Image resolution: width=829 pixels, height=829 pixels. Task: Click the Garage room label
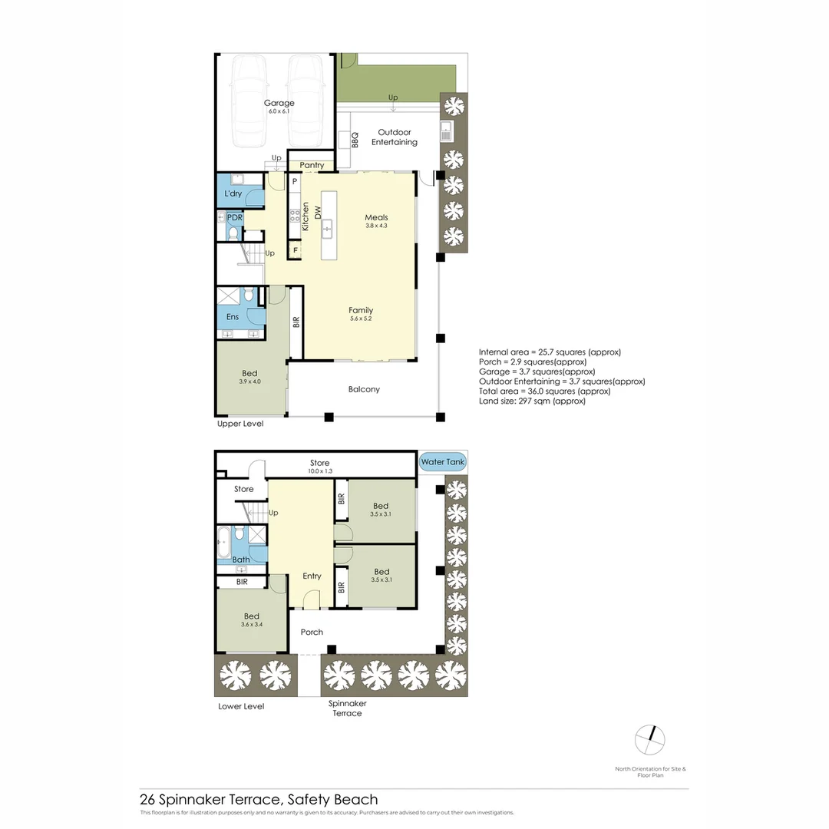pos(279,103)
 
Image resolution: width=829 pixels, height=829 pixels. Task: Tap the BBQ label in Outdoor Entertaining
pos(355,140)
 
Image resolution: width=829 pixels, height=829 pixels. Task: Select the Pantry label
pos(312,165)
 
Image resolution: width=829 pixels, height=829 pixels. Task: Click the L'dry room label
pos(233,193)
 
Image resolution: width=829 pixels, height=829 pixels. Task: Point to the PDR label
pos(234,217)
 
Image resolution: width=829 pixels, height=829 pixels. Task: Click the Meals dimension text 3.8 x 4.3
pos(376,226)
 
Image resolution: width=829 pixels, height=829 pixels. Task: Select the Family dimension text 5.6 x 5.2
pos(360,319)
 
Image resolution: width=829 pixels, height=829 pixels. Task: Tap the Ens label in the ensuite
pos(233,316)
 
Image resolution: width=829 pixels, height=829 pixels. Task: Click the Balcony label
pos(364,389)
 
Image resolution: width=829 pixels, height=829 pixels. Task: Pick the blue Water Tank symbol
pos(442,462)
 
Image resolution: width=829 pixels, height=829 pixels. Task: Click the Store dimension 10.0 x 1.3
pos(319,471)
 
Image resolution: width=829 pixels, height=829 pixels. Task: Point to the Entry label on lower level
pos(312,576)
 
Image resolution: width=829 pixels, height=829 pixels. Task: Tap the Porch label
pos(312,632)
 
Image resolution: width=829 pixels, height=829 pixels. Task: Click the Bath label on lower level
pos(241,560)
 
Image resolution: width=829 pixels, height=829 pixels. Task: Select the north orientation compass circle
pos(649,739)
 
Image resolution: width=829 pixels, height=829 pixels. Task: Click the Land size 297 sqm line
pos(532,401)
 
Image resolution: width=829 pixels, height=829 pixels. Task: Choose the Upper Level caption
pos(240,424)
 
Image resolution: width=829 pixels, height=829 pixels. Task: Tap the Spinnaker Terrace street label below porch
pos(347,708)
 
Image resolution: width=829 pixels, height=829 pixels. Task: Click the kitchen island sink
pos(327,227)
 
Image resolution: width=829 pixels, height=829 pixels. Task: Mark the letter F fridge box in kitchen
pos(294,249)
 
